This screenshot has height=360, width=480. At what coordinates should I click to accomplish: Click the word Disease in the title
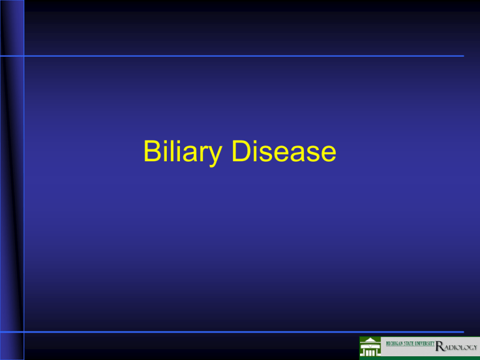click(284, 151)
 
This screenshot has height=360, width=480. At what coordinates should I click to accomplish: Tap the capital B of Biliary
click(152, 151)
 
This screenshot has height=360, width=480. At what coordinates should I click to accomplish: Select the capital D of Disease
click(241, 151)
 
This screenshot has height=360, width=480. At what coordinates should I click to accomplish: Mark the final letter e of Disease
click(329, 154)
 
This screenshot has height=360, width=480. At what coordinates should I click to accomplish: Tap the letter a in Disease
click(297, 154)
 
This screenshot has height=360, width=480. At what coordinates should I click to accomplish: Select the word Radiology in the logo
click(456, 346)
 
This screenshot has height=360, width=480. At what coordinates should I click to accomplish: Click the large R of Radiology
click(439, 346)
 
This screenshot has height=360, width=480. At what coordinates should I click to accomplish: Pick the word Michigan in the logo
click(394, 344)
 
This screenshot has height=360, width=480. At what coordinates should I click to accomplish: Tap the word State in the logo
click(408, 344)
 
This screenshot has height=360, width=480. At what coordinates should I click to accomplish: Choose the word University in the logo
click(424, 344)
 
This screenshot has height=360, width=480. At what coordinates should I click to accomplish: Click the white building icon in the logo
click(370, 347)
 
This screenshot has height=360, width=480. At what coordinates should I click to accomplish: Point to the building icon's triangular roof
click(370, 339)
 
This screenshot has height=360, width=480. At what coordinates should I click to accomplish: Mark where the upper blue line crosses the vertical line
click(24, 56)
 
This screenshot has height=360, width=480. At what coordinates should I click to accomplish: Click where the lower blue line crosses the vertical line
click(24, 332)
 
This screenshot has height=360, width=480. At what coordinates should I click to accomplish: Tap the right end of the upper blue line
click(464, 56)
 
